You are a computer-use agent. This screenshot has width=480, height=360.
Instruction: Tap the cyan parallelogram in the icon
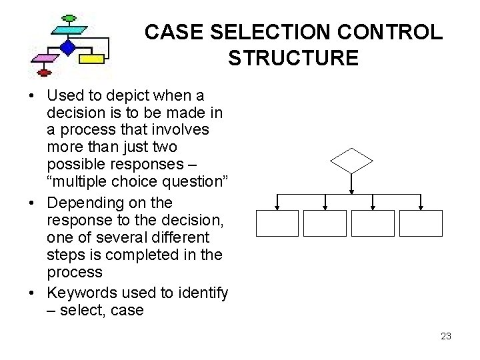(68, 30)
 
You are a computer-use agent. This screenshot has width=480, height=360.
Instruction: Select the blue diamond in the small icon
(67, 47)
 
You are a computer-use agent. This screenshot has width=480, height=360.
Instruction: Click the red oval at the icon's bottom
(45, 72)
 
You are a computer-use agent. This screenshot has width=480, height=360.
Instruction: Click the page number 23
(446, 336)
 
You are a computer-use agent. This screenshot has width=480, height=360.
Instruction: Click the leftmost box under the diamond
(277, 223)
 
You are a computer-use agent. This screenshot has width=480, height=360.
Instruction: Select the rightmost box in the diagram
(421, 223)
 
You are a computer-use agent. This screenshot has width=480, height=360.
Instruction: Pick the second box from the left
(325, 223)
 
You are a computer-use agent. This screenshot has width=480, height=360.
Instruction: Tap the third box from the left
(373, 223)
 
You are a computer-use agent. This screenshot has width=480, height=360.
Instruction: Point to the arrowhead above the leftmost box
(277, 206)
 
